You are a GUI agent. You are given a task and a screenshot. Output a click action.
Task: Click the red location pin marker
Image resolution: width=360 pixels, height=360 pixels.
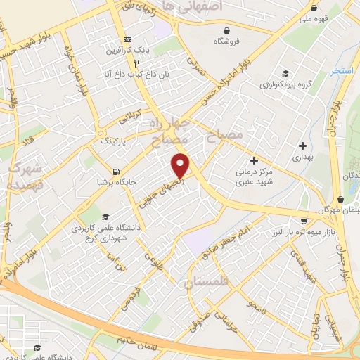(181, 165)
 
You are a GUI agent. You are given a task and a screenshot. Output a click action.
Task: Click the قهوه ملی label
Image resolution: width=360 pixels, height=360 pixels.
(316, 20)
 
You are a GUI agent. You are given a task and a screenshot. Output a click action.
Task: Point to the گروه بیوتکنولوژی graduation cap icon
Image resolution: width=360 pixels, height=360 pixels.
(286, 73)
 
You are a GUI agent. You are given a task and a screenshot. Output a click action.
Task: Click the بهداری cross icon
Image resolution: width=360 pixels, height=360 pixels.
(302, 146)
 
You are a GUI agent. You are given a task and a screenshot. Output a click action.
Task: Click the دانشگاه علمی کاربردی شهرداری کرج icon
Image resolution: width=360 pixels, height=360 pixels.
(105, 217)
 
